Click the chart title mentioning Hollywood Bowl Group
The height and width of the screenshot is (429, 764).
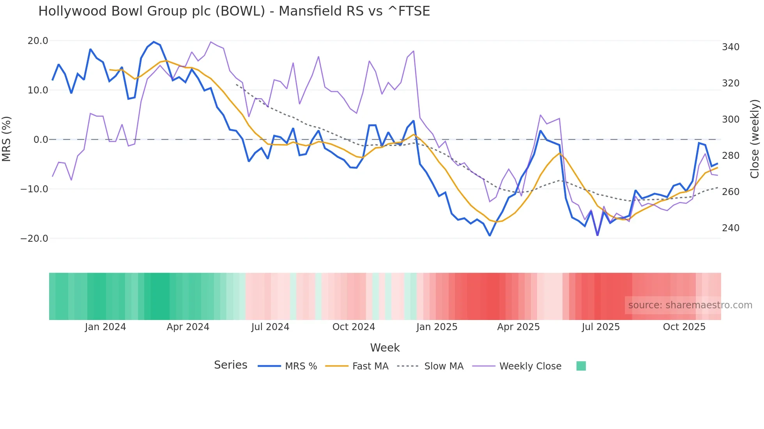tap(234, 11)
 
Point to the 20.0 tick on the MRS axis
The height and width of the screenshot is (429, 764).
tap(38, 41)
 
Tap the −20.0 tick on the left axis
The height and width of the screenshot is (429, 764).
tap(34, 238)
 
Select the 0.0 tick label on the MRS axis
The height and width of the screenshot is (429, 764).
tap(41, 139)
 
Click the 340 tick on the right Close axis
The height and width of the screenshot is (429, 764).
tap(730, 47)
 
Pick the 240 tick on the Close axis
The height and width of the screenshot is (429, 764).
tap(730, 228)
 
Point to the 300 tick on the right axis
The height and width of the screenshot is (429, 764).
tap(730, 120)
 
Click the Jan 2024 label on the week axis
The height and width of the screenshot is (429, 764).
tap(105, 327)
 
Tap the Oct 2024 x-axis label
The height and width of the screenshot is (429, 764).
tap(354, 327)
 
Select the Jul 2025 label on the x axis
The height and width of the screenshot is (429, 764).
tap(601, 327)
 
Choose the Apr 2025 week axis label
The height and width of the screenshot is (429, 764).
tap(518, 327)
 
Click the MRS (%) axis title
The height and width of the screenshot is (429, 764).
tap(7, 139)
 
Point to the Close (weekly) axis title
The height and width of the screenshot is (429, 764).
tap(755, 139)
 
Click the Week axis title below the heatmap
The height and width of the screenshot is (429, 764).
tap(385, 348)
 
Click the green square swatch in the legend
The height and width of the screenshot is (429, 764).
tap(581, 366)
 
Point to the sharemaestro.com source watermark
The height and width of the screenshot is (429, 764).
tap(690, 305)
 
